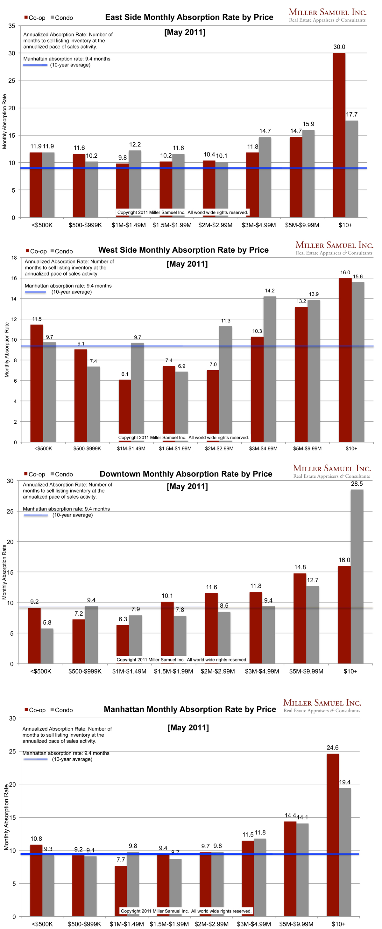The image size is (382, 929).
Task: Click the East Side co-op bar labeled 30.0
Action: coord(339,135)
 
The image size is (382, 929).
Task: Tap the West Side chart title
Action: coord(183,250)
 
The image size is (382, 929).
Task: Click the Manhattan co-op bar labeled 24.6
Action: coord(333,835)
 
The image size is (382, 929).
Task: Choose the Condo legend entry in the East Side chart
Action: coord(62,18)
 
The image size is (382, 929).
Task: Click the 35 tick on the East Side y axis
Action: coord(12,26)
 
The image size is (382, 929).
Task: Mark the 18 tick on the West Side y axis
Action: coord(14,257)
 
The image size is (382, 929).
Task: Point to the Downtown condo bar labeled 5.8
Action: coord(47,646)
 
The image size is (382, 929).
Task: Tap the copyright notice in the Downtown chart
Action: coord(182,659)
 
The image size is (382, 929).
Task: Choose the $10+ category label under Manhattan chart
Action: coord(338,924)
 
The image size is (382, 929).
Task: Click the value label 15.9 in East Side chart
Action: coord(308,124)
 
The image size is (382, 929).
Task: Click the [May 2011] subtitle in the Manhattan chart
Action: coord(188,727)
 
